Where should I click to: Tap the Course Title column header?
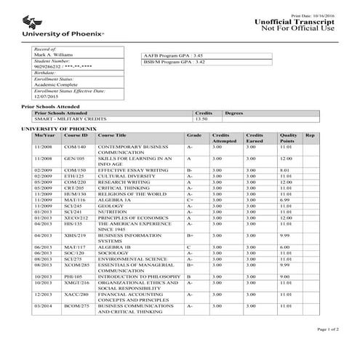click(x=113, y=135)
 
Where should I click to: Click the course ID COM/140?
click(x=75, y=148)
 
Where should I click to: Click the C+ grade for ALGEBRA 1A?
click(x=190, y=200)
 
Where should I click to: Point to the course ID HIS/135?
click(x=74, y=223)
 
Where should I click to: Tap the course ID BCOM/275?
click(x=76, y=306)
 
